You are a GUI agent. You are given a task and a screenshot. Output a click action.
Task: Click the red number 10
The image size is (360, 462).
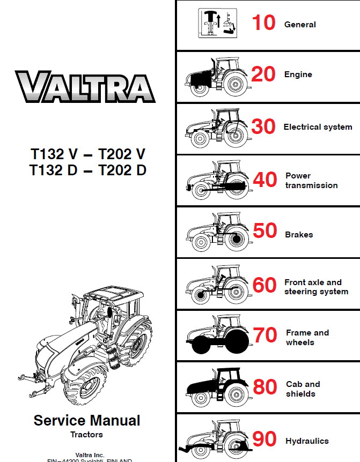click(263, 23)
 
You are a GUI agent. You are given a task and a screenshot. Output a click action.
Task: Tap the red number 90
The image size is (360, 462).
click(265, 439)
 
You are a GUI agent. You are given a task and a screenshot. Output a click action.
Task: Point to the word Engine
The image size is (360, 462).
click(298, 74)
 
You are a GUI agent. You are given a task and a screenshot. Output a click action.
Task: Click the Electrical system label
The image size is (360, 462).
click(318, 127)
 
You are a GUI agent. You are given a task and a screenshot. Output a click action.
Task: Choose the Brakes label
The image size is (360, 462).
click(299, 234)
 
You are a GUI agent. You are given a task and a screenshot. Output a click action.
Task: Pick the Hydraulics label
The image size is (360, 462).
click(307, 441)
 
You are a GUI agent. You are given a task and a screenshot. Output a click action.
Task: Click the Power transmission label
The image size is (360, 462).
click(311, 181)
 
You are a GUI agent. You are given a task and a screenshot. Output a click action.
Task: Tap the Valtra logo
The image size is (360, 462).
click(85, 88)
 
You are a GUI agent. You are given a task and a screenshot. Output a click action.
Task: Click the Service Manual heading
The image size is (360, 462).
click(87, 421)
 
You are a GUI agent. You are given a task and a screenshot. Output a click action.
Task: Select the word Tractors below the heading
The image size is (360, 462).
click(86, 434)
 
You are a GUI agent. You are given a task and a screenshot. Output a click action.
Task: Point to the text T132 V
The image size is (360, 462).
click(54, 154)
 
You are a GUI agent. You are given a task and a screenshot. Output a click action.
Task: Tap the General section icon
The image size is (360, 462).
click(218, 24)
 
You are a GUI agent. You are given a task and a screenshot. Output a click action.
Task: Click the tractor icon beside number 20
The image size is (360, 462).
click(216, 76)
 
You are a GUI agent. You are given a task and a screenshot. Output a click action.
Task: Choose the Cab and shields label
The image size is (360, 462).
click(303, 389)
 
